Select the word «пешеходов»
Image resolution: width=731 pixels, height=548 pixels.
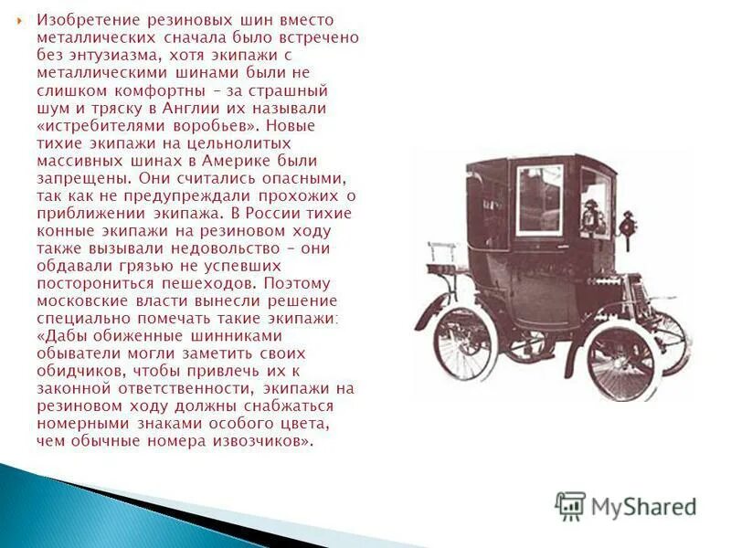[209, 283]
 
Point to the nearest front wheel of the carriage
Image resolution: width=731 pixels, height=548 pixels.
[621, 361]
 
